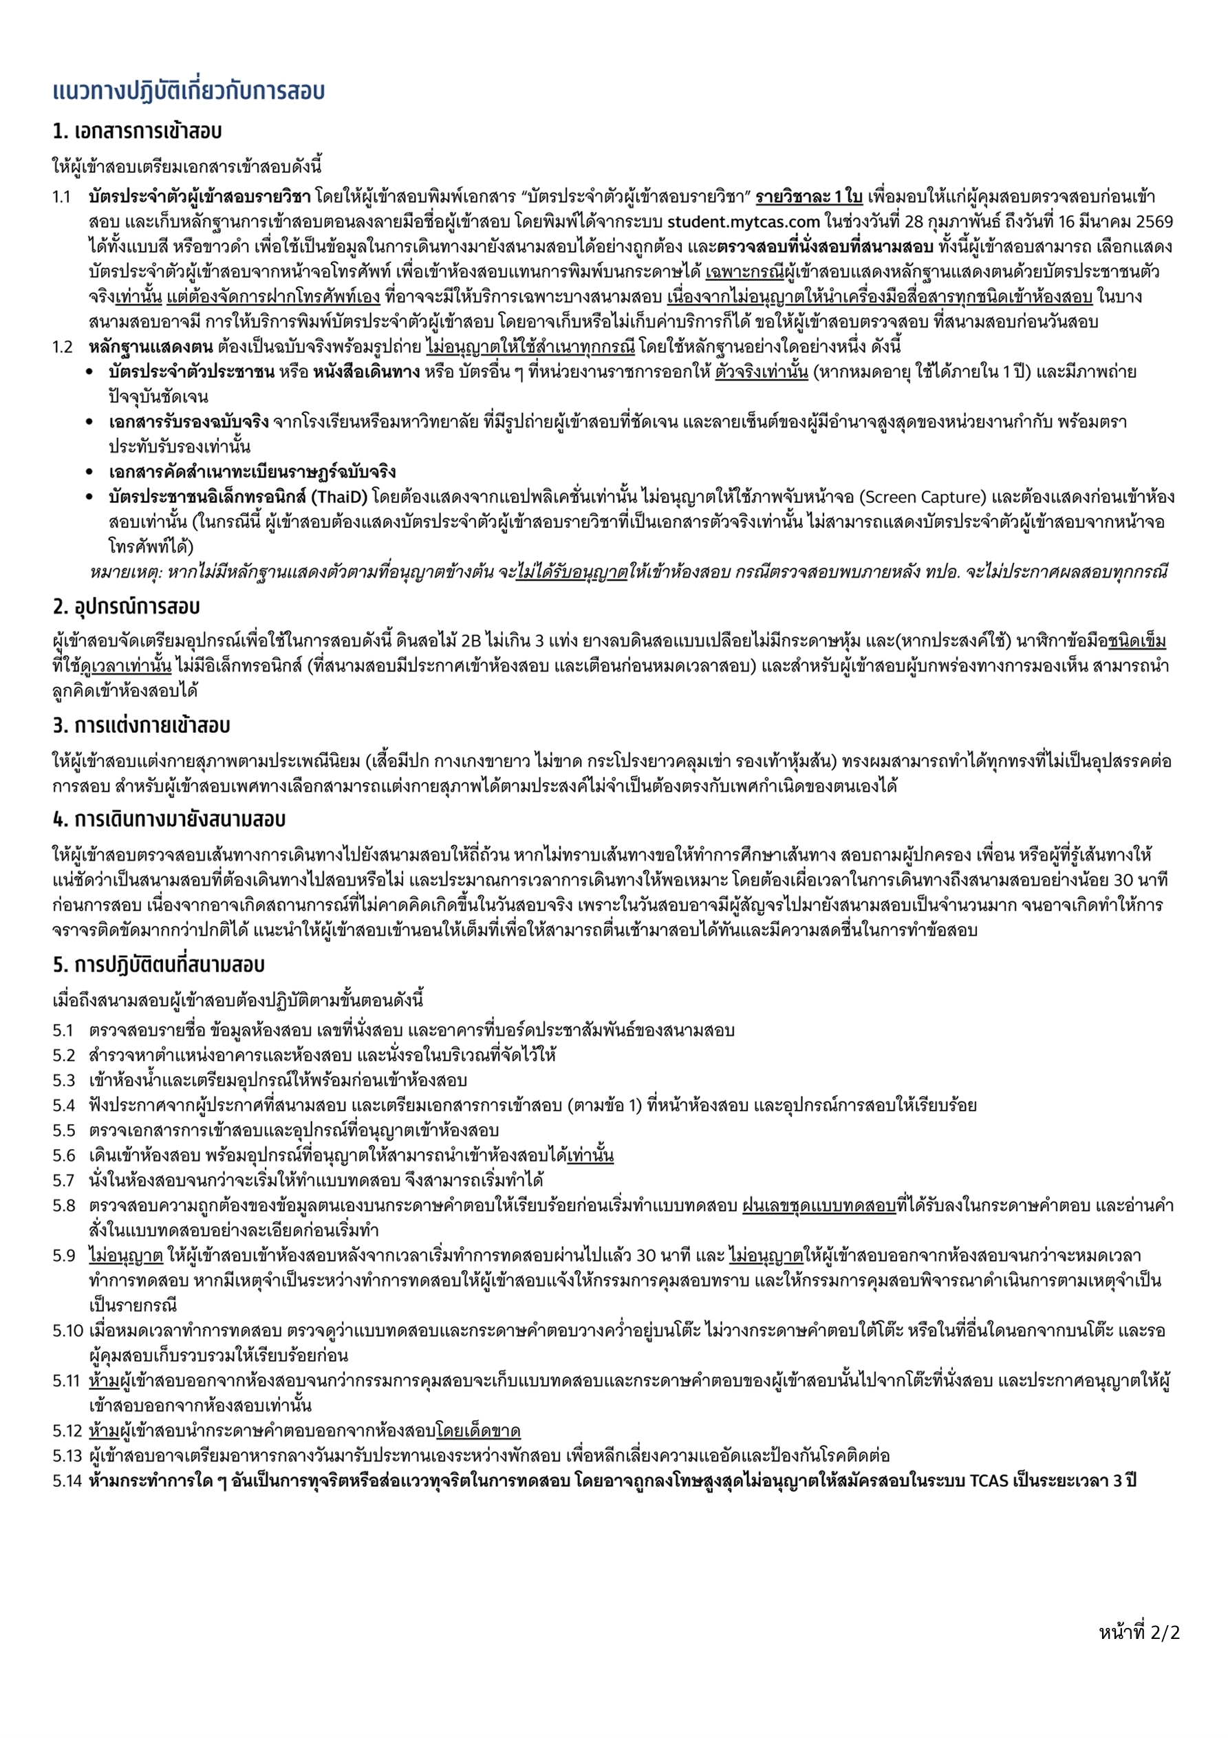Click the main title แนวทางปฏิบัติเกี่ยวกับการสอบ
188,91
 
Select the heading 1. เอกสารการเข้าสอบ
137,131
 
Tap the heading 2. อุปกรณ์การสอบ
127,606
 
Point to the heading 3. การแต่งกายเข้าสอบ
141,725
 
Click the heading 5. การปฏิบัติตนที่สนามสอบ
158,965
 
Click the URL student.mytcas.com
744,222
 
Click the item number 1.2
63,347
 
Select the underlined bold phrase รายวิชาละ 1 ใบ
808,197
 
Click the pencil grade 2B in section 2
472,641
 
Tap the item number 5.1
63,1030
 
